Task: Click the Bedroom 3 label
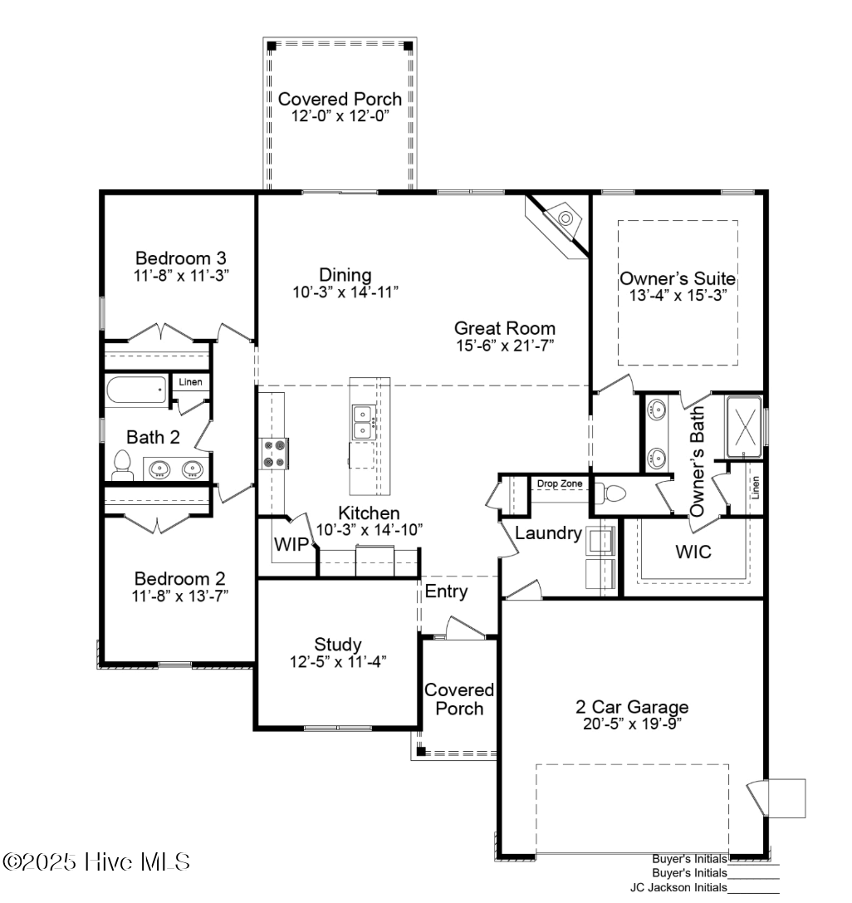[x=181, y=258]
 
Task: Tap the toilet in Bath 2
[x=122, y=466]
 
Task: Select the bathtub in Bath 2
[x=137, y=390]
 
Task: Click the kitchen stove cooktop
[x=273, y=454]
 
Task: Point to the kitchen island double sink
[x=363, y=422]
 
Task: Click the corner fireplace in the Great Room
[x=562, y=221]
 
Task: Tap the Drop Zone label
[x=560, y=483]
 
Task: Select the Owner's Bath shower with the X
[x=744, y=427]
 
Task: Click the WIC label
[x=693, y=552]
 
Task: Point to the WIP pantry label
[x=291, y=544]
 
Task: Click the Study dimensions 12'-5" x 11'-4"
[x=338, y=662]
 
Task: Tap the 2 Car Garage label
[x=632, y=707]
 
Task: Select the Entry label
[x=446, y=591]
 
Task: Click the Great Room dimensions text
[x=505, y=346]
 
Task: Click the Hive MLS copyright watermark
[x=96, y=862]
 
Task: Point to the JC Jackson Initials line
[x=753, y=893]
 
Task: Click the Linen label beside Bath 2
[x=190, y=382]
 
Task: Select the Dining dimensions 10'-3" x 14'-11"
[x=345, y=292]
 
